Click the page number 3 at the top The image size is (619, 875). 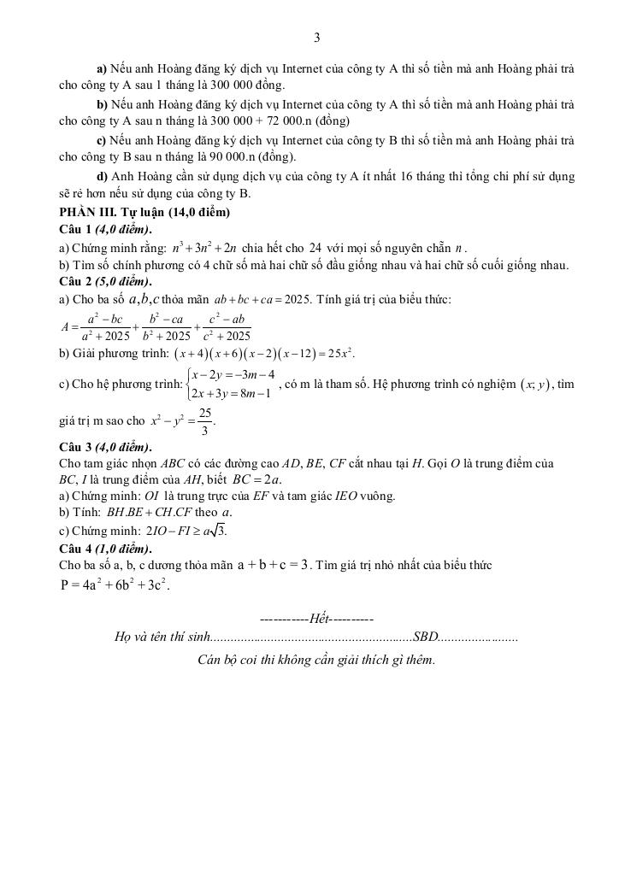[317, 38]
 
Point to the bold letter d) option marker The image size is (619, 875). [103, 176]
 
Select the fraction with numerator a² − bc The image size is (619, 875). [105, 327]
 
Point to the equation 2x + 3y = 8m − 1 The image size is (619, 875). [231, 393]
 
